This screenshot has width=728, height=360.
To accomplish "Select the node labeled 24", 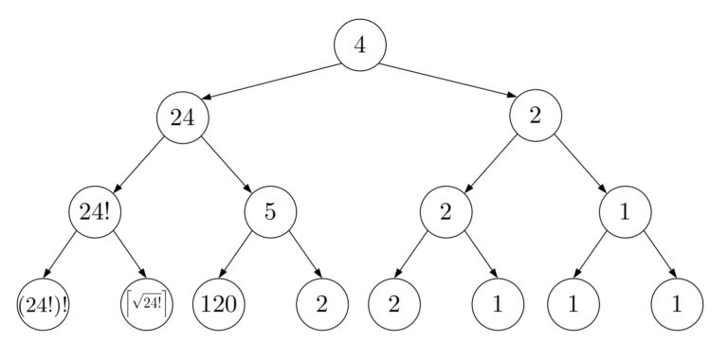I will pos(182,117).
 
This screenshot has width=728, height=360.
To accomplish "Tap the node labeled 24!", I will pos(94,210).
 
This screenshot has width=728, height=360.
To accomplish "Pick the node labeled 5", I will pos(270,210).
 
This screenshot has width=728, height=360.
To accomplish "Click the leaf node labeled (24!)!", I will pos(43,304).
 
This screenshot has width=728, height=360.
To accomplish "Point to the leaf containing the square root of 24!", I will pos(146,304).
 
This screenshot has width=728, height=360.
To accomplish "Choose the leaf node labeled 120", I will pos(219,304).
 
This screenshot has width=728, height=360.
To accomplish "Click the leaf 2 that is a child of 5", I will pos(322,304).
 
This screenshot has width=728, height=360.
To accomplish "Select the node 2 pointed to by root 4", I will pos(536,117).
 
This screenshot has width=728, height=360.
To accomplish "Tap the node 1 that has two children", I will pos(626,210).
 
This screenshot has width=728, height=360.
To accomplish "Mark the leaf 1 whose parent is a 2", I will pos(498,304).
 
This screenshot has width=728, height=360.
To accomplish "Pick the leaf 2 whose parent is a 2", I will pos(394,304).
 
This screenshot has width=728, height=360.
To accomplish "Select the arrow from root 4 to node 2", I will pos(447,80).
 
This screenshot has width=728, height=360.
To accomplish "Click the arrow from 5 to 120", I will pos(245,257).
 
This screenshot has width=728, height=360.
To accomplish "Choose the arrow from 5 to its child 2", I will pos(296,257).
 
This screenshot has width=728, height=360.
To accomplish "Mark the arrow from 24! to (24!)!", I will pos(68,257).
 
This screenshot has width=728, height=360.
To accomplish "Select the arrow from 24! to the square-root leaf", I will pos(119,257).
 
